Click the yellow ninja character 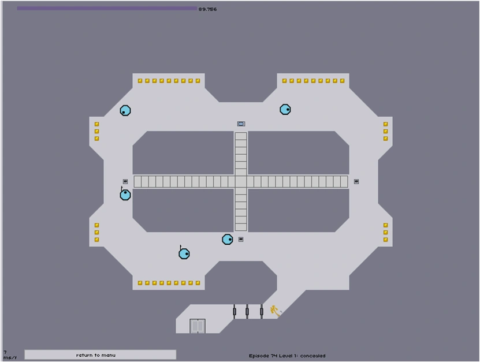pos(275,311)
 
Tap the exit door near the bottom pos(198,326)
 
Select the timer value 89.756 pos(207,9)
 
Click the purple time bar pos(107,9)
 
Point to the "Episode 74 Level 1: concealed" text pos(287,356)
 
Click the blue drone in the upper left pos(125,110)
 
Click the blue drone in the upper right pos(285,110)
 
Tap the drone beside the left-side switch pos(125,195)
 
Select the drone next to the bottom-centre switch pos(228,239)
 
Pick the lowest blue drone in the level pos(184,253)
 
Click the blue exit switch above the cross pos(241,124)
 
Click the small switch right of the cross pos(356,181)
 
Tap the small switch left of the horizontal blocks pos(125,181)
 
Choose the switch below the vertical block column pos(241,239)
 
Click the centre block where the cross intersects pos(241,181)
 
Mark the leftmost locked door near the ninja pos(235,312)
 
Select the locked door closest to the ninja pos(262,312)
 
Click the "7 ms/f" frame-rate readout pos(9,355)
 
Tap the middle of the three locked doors pos(247,312)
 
